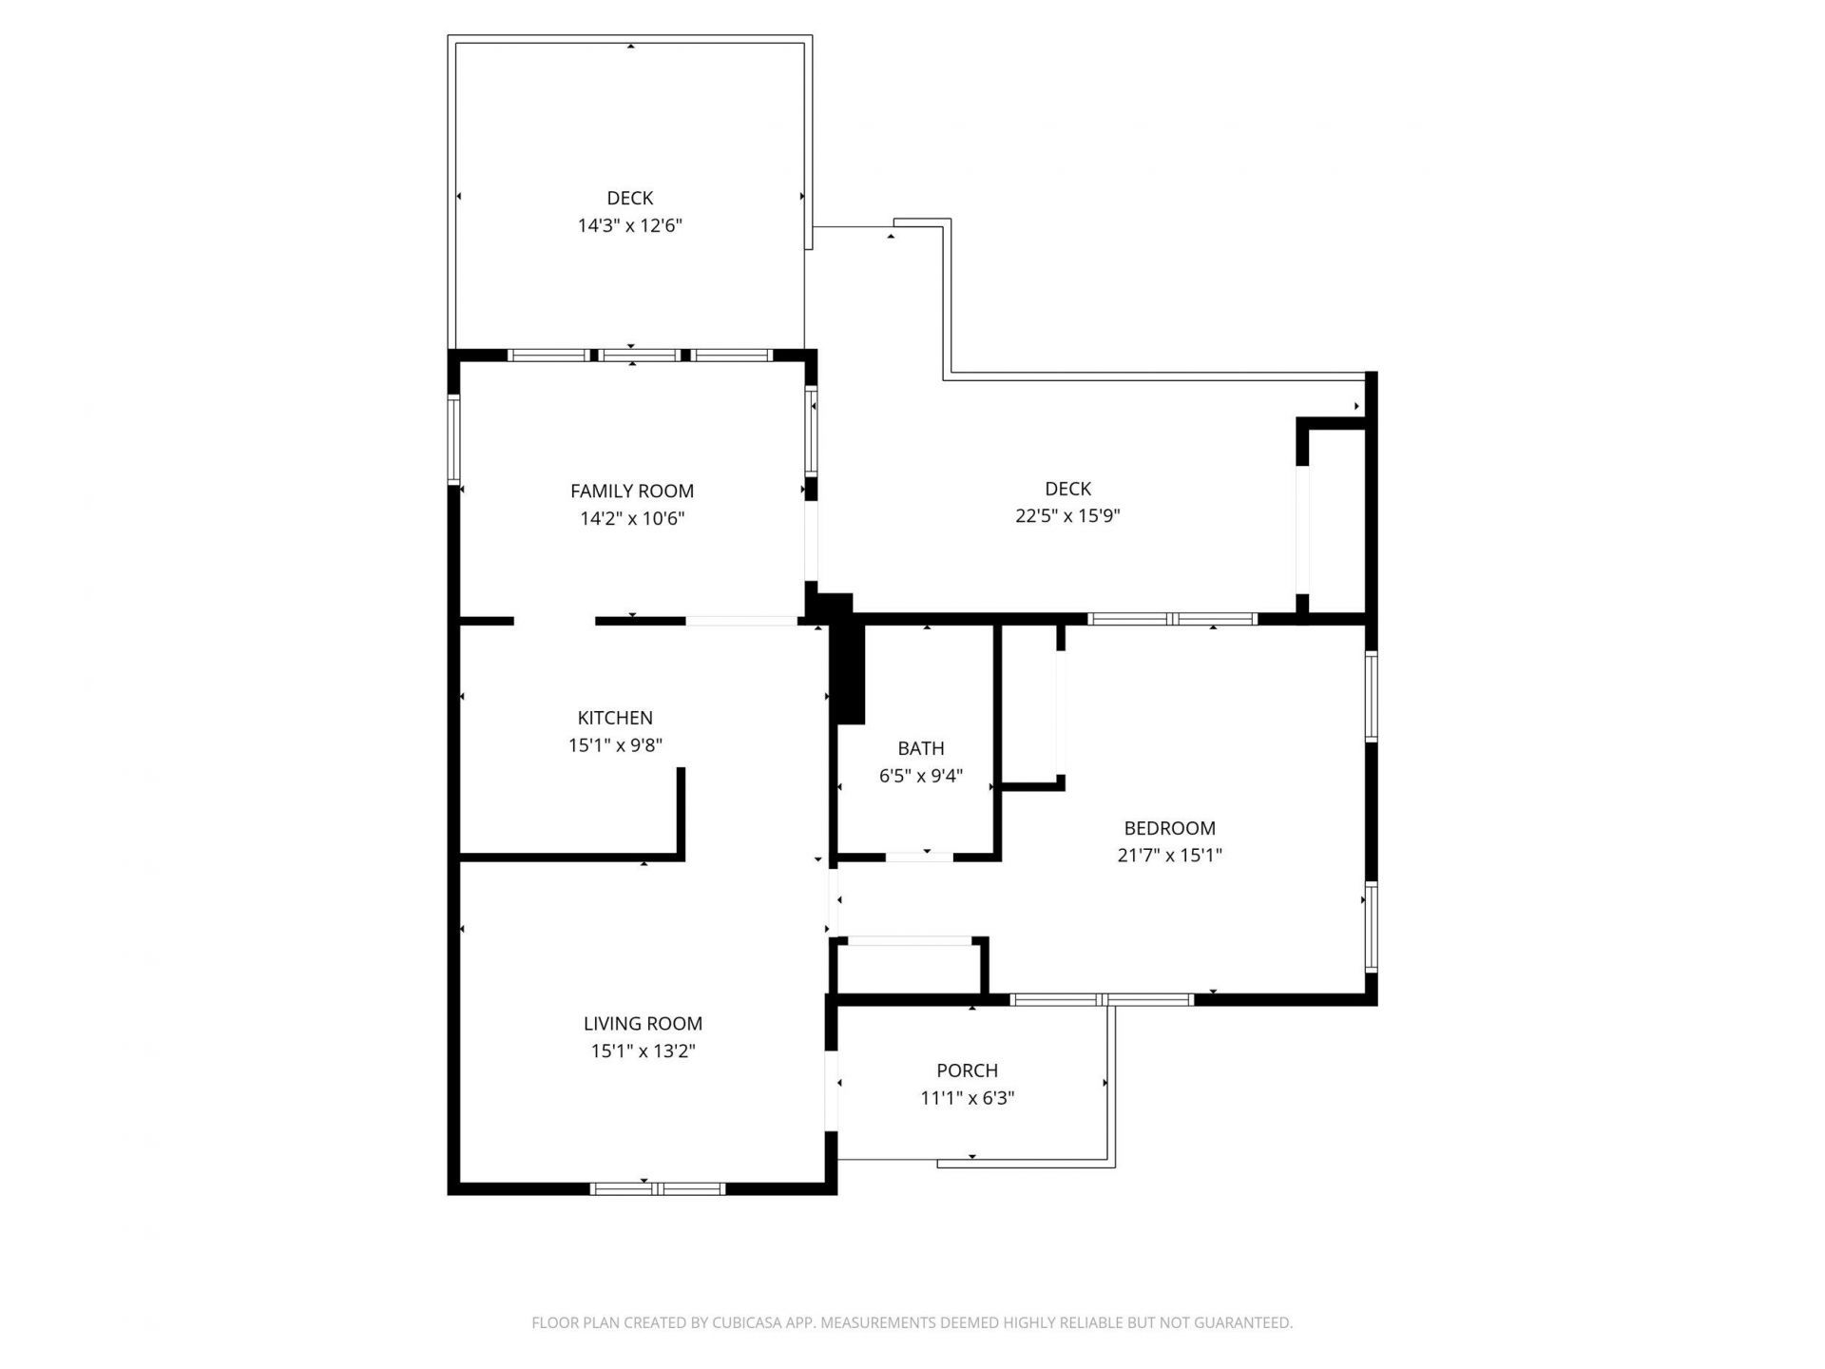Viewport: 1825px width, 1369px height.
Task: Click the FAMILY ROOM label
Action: tap(631, 491)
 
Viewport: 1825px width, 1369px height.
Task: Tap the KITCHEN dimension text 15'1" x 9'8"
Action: tap(615, 745)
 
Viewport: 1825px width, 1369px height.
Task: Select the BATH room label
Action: tap(920, 748)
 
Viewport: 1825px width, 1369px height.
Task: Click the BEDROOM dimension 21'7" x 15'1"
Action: tap(1169, 855)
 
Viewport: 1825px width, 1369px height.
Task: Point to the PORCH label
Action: tap(967, 1070)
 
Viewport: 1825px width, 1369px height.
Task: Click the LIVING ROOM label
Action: tap(643, 1024)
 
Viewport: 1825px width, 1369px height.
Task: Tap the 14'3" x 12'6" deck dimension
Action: tap(629, 226)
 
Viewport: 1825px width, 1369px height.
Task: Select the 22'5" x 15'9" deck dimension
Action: tap(1067, 516)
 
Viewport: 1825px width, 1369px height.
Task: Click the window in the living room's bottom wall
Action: tap(658, 1188)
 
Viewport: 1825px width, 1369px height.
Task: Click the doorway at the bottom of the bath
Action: tap(919, 858)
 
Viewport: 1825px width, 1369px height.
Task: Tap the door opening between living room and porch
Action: tap(832, 1090)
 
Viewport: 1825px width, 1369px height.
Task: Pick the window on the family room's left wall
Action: tap(454, 440)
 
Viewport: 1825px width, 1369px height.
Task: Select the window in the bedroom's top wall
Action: tap(1173, 619)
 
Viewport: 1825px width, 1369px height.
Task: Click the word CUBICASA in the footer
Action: tap(746, 1322)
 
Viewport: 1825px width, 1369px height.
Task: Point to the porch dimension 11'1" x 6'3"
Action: tap(967, 1098)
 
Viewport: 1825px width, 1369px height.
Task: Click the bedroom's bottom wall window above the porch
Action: tap(1101, 999)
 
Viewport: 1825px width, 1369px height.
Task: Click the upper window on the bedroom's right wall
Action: tap(1371, 696)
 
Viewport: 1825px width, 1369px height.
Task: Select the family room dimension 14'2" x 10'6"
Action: tap(632, 519)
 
